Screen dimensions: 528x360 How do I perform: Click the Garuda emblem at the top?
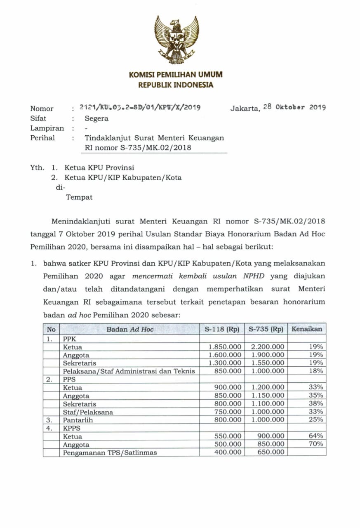pyautogui.click(x=176, y=40)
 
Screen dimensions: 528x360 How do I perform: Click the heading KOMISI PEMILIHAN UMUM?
pyautogui.click(x=176, y=75)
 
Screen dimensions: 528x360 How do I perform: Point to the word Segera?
pyautogui.click(x=96, y=119)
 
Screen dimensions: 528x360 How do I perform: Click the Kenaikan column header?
pyautogui.click(x=306, y=329)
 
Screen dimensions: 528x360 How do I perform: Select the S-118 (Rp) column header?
pyautogui.click(x=222, y=329)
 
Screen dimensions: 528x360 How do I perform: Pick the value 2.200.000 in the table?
pyautogui.click(x=267, y=347)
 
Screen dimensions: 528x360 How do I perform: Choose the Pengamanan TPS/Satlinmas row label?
pyautogui.click(x=110, y=453)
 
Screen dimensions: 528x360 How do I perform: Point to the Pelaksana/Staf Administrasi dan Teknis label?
pyautogui.click(x=129, y=371)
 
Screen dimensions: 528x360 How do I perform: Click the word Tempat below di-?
pyautogui.click(x=79, y=197)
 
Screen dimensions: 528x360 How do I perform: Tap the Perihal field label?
pyautogui.click(x=42, y=138)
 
